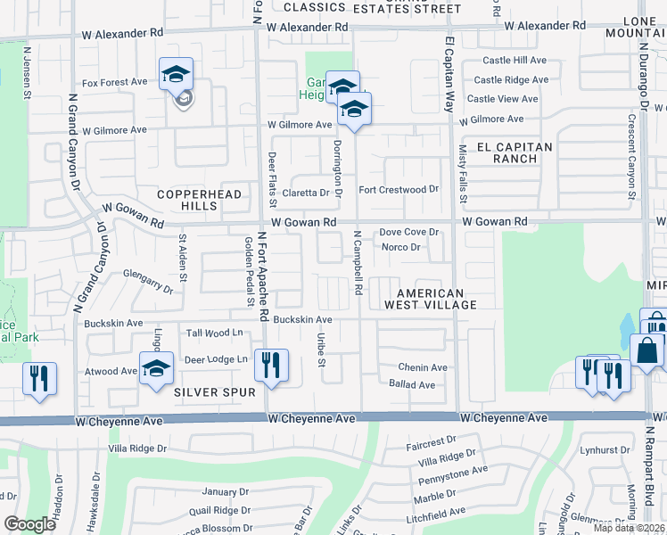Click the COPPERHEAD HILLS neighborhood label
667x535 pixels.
(186, 200)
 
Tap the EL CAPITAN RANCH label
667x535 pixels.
(515, 152)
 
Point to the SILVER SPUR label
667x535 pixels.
(215, 391)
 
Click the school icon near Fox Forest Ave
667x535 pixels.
(177, 75)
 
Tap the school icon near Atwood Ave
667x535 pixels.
(156, 367)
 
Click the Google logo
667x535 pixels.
(29, 523)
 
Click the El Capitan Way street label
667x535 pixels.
(449, 74)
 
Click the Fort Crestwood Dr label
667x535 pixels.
(399, 190)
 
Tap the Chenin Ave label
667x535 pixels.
(423, 367)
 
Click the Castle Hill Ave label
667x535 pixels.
(515, 61)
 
